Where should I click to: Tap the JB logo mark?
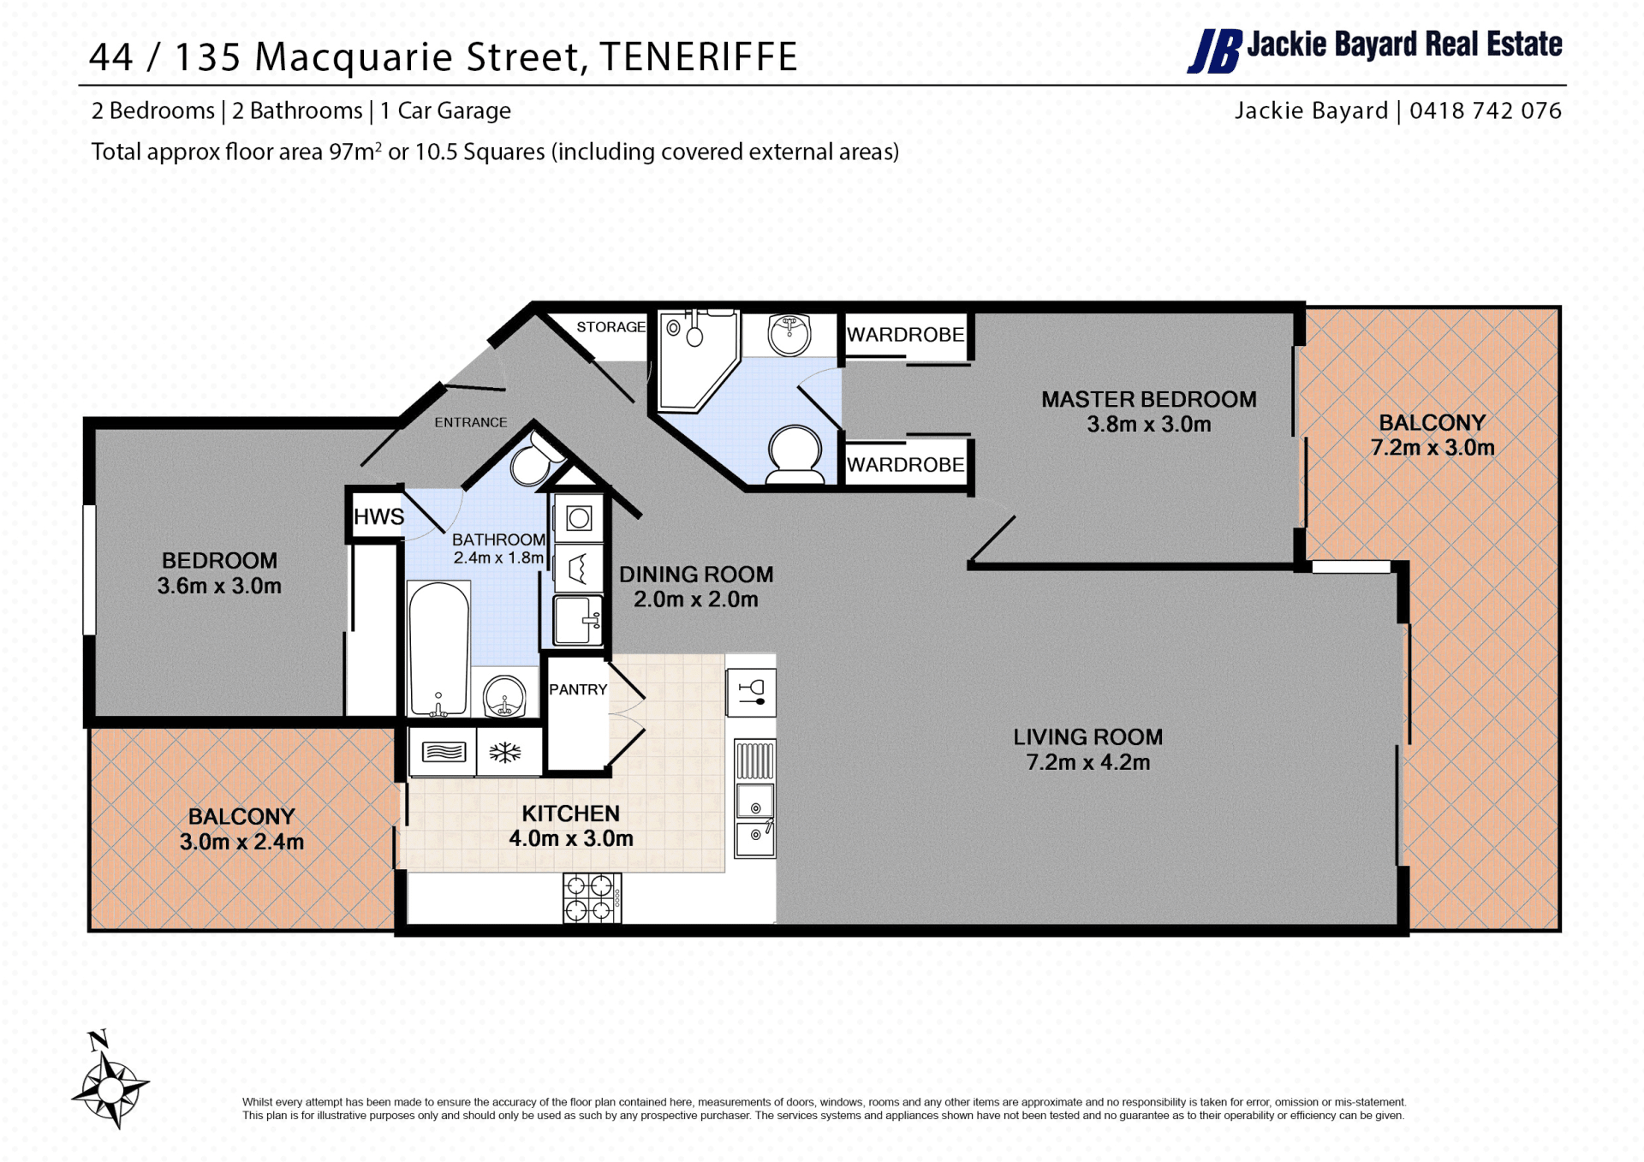(x=1214, y=51)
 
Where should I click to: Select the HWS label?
(x=378, y=516)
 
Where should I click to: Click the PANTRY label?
(x=578, y=689)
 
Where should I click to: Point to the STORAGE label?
(x=611, y=327)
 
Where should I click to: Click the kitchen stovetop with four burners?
(x=592, y=897)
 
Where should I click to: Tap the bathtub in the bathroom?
(x=438, y=648)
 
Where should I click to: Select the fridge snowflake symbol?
(x=505, y=753)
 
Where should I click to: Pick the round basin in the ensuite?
(x=789, y=334)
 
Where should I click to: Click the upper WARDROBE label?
(x=905, y=335)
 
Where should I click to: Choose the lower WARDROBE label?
(x=905, y=465)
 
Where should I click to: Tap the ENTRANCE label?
(x=470, y=422)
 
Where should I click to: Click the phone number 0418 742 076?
(x=1486, y=110)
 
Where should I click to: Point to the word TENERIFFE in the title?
(x=699, y=57)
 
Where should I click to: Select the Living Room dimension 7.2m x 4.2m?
(x=1088, y=762)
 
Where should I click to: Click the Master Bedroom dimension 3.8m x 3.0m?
(x=1149, y=424)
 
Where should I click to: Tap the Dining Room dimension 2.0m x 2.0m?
(x=696, y=599)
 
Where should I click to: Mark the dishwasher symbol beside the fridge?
(x=443, y=753)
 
